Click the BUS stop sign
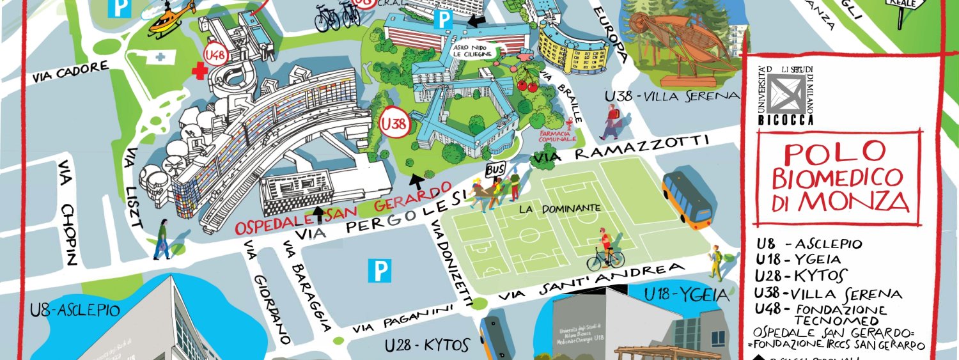(x=495, y=169)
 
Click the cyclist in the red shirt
(x=605, y=250)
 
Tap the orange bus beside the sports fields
(x=687, y=200)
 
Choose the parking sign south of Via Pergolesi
(x=380, y=272)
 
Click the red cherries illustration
(x=529, y=81)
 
